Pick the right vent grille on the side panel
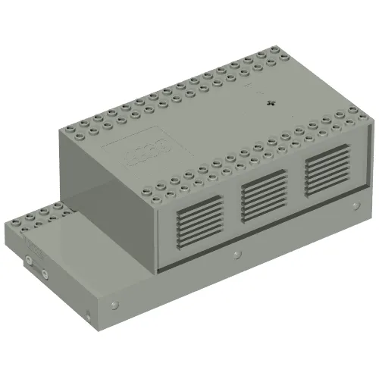pos(327,167)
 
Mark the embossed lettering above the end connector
pos(35,249)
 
